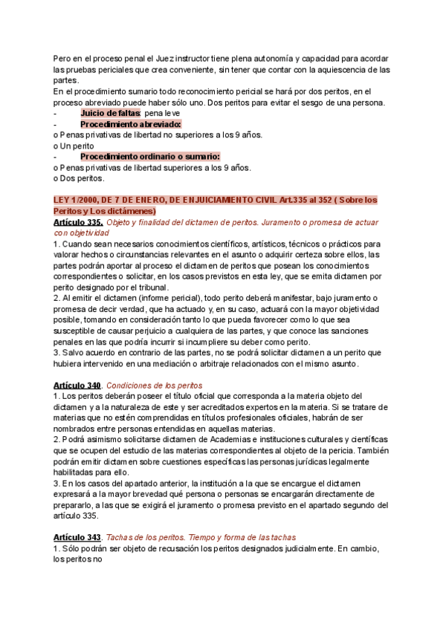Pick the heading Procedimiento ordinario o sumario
150,156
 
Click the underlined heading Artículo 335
79,222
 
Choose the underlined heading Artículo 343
78,537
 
